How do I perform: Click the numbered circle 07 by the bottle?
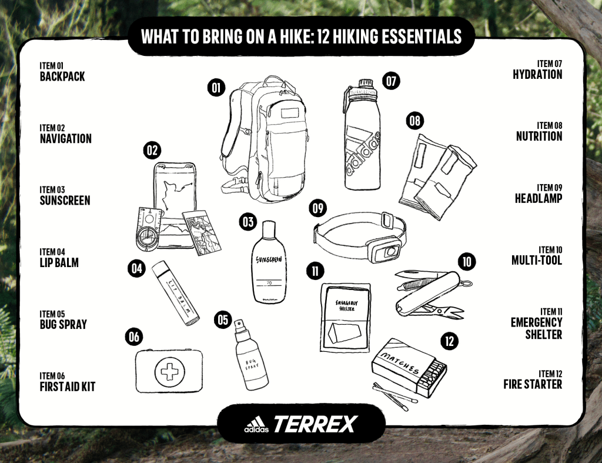coord(391,81)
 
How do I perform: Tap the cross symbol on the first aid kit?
coord(169,372)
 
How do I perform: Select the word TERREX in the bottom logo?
coord(315,424)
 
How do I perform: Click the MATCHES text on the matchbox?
coord(400,364)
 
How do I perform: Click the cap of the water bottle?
coord(366,84)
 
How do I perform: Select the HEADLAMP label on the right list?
coord(539,198)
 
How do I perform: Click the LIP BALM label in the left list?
coord(59,262)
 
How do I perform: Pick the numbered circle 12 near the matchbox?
coord(449,341)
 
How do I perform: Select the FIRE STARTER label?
coord(533,384)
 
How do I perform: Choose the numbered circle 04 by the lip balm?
coord(136,269)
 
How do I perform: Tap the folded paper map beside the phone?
coord(202,232)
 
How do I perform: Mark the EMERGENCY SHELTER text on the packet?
coord(346,305)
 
